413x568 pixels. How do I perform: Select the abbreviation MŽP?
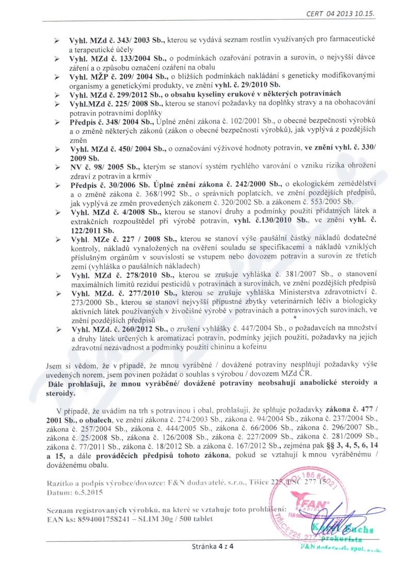click(x=102, y=75)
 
